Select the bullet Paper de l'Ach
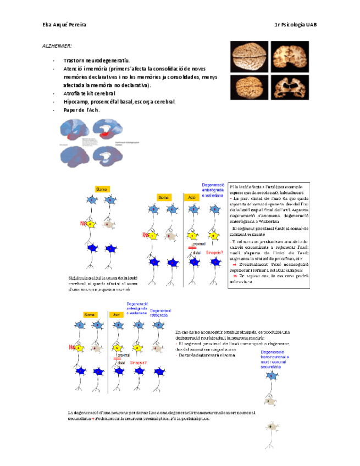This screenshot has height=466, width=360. (82, 110)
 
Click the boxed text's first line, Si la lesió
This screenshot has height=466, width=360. (268, 187)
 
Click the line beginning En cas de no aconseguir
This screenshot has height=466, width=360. (232, 332)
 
